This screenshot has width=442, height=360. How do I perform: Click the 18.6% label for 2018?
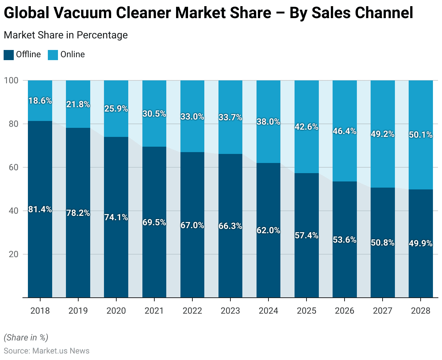40,101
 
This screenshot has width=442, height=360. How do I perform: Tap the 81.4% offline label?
40,209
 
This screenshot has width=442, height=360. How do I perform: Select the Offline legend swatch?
8,55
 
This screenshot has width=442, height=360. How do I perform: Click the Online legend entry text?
72,54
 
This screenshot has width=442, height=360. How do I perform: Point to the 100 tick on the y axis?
11,80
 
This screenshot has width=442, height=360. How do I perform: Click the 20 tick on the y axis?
13,254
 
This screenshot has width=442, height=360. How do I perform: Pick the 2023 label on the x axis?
230,311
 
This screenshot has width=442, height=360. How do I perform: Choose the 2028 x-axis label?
421,311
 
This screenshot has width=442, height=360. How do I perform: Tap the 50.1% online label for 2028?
421,135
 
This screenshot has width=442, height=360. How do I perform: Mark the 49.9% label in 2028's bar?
421,243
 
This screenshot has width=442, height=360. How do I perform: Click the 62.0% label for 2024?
268,230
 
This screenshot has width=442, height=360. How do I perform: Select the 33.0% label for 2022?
192,117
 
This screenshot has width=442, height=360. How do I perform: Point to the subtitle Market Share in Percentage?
66,35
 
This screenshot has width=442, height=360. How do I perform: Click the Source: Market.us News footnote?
46,351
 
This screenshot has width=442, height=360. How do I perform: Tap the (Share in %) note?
26,338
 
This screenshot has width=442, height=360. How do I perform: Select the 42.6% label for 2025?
307,127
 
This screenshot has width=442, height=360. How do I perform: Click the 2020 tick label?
116,311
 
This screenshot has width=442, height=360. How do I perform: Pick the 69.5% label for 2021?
154,222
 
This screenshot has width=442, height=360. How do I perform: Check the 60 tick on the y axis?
13,167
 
